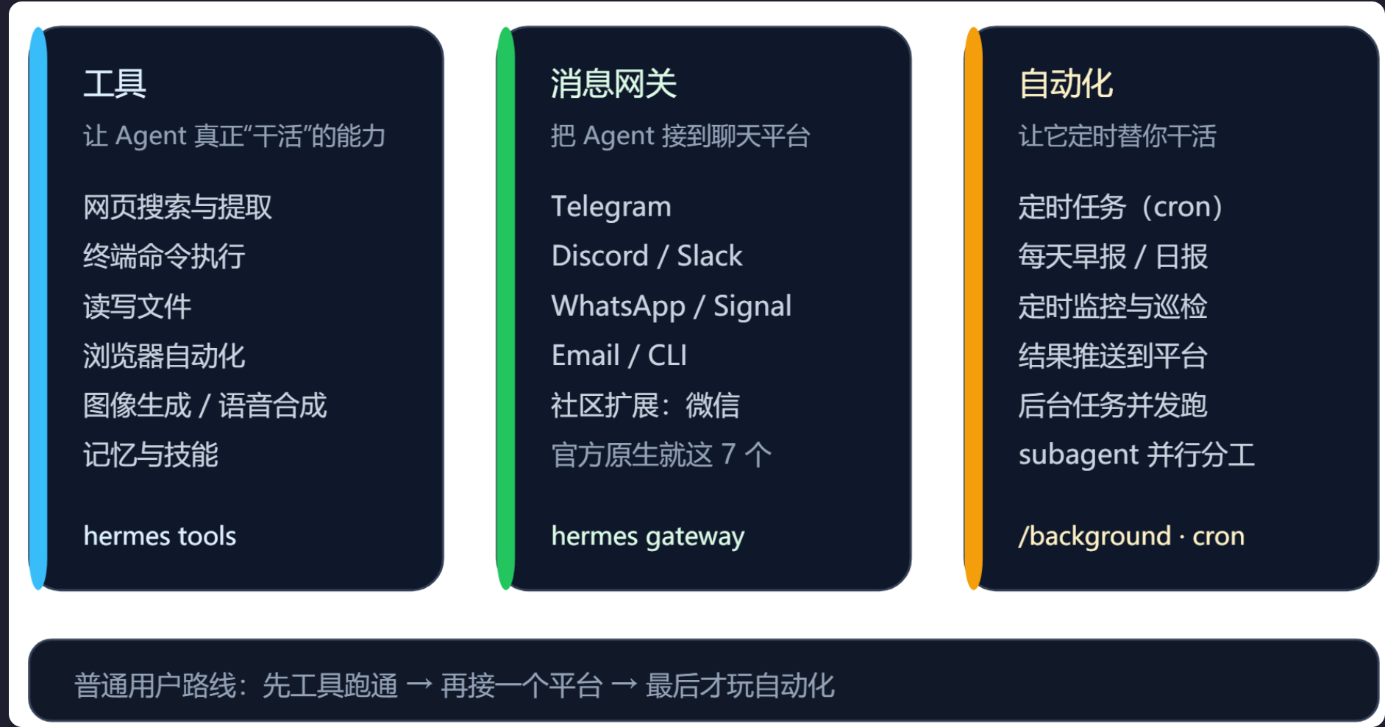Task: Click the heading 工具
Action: click(115, 83)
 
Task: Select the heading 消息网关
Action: click(613, 83)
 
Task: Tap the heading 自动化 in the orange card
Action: click(1066, 83)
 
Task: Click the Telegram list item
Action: click(611, 207)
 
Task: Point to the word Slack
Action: click(709, 256)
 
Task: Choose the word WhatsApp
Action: click(619, 306)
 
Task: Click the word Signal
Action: click(752, 306)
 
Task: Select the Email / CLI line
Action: click(619, 355)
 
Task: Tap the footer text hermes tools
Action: click(160, 536)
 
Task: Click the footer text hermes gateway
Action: click(648, 536)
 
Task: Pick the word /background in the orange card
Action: click(1094, 536)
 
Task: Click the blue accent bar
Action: click(38, 308)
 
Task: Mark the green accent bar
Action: click(505, 308)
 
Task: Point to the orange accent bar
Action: click(973, 308)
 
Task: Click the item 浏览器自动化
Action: click(164, 356)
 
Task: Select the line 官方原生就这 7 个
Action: click(661, 455)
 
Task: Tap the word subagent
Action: click(1079, 455)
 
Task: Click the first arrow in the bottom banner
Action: click(419, 685)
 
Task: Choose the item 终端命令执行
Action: click(164, 257)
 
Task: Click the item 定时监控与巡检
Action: click(1113, 306)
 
